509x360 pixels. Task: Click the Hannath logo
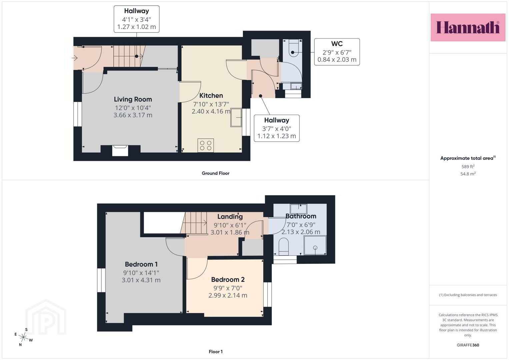tap(468, 27)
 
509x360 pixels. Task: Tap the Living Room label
tap(133, 99)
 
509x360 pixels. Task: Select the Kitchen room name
tap(211, 95)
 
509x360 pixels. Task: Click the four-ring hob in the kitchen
tap(206, 145)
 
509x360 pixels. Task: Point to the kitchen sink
tap(236, 117)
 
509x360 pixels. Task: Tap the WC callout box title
tap(337, 44)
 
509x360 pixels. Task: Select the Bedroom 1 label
tap(141, 264)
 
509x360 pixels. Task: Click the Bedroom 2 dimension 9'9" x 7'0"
tap(228, 288)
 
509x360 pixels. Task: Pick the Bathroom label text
tap(301, 216)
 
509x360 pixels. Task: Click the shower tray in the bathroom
tap(315, 245)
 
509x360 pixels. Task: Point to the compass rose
tap(23, 337)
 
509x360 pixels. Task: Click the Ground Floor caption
tap(215, 173)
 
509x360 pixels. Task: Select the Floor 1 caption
tap(216, 352)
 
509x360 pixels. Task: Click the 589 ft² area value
tap(468, 166)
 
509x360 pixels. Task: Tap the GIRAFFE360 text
tap(468, 345)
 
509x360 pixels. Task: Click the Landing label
tap(230, 217)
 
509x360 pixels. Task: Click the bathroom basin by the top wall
tap(298, 209)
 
